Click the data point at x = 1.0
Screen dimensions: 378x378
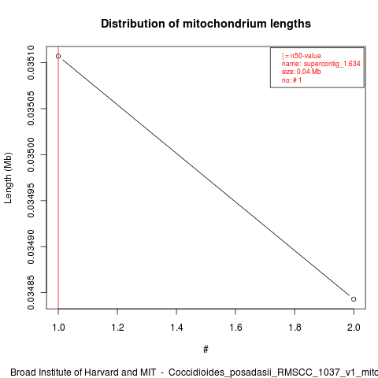58,56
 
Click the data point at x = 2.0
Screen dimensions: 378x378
354,299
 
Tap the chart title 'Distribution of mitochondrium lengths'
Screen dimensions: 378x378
206,24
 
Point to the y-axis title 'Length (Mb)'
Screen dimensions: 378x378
8,178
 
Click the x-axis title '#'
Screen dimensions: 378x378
206,350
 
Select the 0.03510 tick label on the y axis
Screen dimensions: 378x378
31,62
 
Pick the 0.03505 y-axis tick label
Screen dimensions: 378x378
31,109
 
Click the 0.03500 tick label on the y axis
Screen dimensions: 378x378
31,154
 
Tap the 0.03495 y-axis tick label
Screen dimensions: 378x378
31,201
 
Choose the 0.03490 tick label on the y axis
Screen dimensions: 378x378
31,246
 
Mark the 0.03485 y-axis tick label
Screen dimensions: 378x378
31,292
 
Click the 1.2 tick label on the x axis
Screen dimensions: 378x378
117,328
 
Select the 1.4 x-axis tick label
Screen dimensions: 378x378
176,328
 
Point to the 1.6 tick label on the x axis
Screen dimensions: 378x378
235,328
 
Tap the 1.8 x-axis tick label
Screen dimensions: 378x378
295,328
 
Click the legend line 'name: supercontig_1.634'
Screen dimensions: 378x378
321,64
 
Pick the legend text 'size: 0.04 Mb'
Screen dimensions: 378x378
302,72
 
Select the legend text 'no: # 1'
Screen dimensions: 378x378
291,80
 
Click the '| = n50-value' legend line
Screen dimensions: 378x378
302,56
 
